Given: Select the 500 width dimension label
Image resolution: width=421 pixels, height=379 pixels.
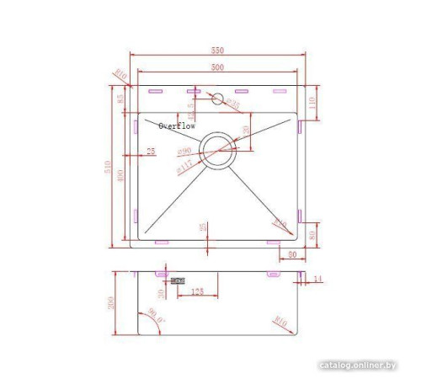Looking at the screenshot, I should pos(217,67).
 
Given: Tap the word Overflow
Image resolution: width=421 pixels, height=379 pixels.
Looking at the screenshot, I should pos(177,125).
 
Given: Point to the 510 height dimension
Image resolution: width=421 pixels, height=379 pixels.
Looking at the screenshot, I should pos(108,168).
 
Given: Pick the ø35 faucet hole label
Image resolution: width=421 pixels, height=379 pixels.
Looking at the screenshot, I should pos(234,104).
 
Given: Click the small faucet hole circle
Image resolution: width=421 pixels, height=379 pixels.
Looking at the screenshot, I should pos(217,99).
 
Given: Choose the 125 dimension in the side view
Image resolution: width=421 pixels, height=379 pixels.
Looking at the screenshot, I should pos(196,291).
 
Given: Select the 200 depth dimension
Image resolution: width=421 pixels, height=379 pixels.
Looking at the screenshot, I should pos(110,304).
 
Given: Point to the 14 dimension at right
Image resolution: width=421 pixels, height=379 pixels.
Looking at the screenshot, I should pos(317,278).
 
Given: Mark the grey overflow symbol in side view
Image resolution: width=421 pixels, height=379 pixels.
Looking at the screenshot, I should pos(177,281).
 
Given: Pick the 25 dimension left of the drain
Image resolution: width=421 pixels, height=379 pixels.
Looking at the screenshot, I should pos(151,152).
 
